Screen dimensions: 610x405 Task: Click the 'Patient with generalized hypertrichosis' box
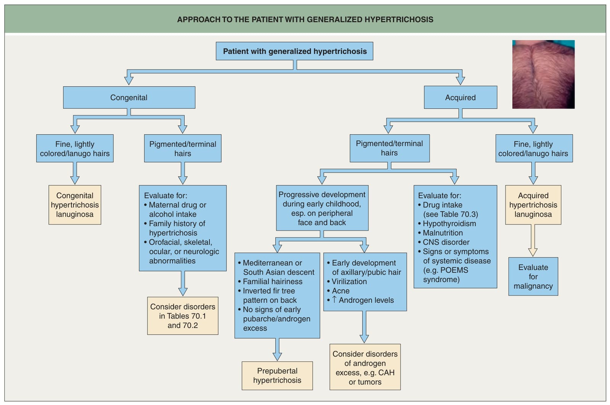point(294,51)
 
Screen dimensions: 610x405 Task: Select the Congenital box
point(129,98)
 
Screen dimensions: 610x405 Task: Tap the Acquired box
point(460,98)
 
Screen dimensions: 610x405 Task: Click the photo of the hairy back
point(543,74)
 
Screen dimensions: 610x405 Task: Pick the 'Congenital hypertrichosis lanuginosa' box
point(75,205)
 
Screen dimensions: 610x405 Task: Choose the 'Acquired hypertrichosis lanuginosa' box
point(533,205)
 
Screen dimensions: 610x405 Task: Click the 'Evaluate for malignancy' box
point(533,276)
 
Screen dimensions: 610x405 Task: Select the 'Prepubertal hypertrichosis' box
point(277,376)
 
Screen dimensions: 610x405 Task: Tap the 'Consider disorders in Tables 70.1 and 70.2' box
point(183,316)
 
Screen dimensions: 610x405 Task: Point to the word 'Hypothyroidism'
point(449,223)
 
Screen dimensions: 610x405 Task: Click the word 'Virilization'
point(349,281)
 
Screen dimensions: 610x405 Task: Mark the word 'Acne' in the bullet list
point(341,291)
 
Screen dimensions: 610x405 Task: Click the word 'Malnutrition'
point(443,233)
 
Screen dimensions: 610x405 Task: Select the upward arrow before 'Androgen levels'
point(334,300)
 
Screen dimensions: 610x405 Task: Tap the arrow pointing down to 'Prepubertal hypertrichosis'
point(277,349)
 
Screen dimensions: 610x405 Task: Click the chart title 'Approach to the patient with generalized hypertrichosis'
point(305,19)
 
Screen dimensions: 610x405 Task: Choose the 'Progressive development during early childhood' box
point(322,208)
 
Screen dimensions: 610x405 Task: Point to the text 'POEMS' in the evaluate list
point(454,270)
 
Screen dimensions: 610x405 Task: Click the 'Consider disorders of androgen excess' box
point(365,367)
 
